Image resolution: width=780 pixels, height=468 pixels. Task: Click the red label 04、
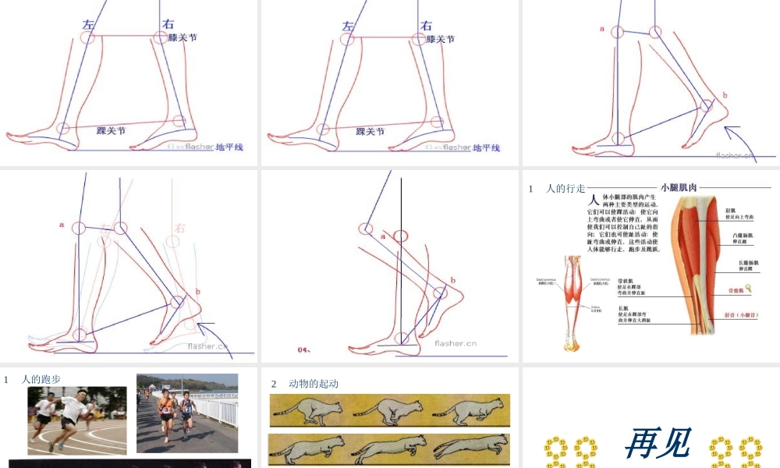pos(304,349)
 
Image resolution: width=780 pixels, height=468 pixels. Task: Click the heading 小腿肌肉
pos(679,187)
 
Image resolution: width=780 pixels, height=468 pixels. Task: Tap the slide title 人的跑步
pos(41,380)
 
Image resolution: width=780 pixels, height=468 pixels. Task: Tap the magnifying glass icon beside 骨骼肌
pos(749,289)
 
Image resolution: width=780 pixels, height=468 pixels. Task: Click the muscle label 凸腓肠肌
pos(742,236)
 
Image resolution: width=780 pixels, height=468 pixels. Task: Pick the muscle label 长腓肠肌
pos(747,264)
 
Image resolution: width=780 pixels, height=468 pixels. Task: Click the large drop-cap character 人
pos(594,200)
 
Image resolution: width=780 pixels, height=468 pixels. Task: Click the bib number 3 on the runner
pos(166,409)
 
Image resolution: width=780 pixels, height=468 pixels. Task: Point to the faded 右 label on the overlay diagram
pos(180,229)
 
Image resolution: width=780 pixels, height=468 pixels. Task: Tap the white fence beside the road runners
pos(218,409)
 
